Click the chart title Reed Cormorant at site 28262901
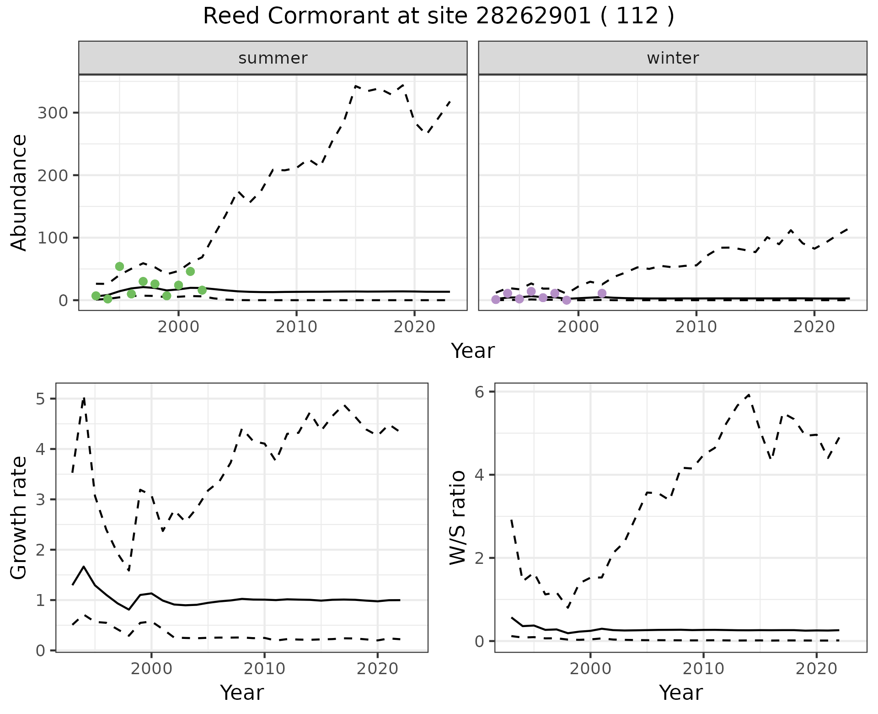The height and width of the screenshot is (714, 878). click(x=438, y=16)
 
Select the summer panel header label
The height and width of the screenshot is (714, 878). click(x=273, y=58)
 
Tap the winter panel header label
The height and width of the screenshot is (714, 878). click(x=673, y=58)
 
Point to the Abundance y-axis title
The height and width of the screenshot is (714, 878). click(x=19, y=193)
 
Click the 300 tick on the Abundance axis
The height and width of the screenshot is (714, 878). click(x=52, y=113)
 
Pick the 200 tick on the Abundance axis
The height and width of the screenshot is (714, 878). click(x=52, y=175)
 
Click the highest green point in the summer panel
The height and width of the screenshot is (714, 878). click(x=119, y=266)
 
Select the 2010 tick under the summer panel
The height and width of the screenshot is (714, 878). click(x=296, y=327)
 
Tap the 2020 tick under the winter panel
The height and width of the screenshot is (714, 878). click(x=814, y=327)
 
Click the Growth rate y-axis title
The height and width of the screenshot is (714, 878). click(x=19, y=518)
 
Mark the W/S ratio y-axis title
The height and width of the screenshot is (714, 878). click(x=458, y=517)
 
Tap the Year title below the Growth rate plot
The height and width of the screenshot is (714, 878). click(x=242, y=692)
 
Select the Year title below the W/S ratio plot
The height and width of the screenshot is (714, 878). click(x=681, y=692)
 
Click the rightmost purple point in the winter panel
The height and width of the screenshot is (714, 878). click(x=602, y=293)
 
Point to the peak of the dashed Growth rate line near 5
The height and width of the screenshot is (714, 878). click(x=84, y=398)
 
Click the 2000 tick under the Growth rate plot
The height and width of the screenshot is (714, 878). click(x=151, y=669)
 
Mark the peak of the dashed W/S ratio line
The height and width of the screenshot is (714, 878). click(x=749, y=395)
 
